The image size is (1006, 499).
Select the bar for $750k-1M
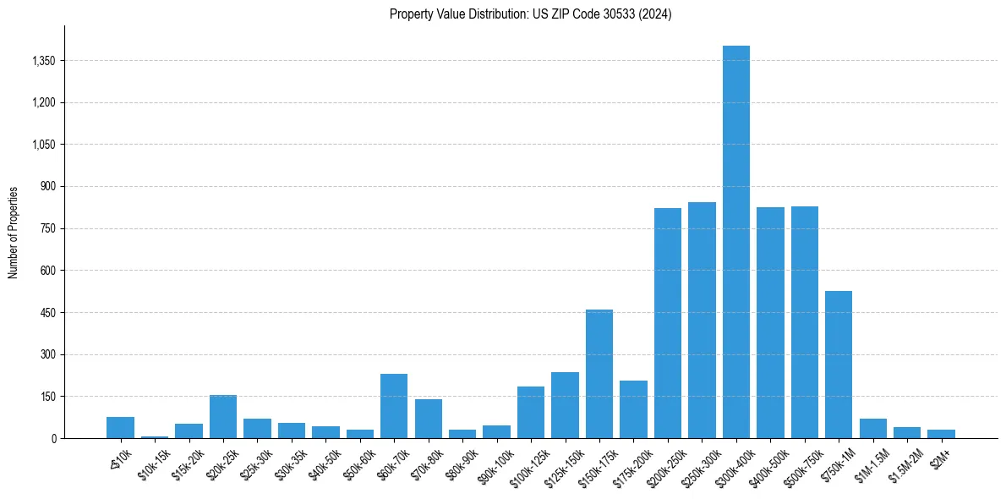[838, 365]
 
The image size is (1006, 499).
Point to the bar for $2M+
[941, 434]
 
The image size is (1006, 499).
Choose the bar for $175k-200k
[633, 409]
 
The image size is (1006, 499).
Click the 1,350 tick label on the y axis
[42, 61]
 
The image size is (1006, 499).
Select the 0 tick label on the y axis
[53, 439]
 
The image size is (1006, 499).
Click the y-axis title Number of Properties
[14, 233]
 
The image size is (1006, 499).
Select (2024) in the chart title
[655, 14]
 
